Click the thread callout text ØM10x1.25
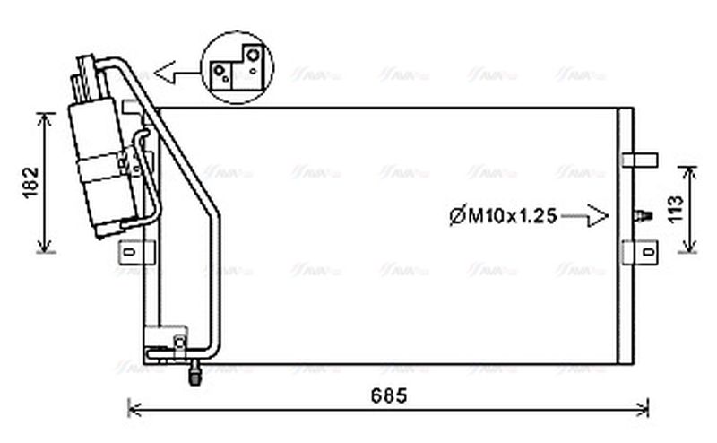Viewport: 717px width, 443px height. (503, 215)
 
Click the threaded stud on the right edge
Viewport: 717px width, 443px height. (641, 216)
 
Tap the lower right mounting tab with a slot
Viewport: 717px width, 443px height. (642, 252)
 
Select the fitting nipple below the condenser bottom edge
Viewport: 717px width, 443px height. (193, 374)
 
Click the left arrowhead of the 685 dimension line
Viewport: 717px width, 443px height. (134, 410)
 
